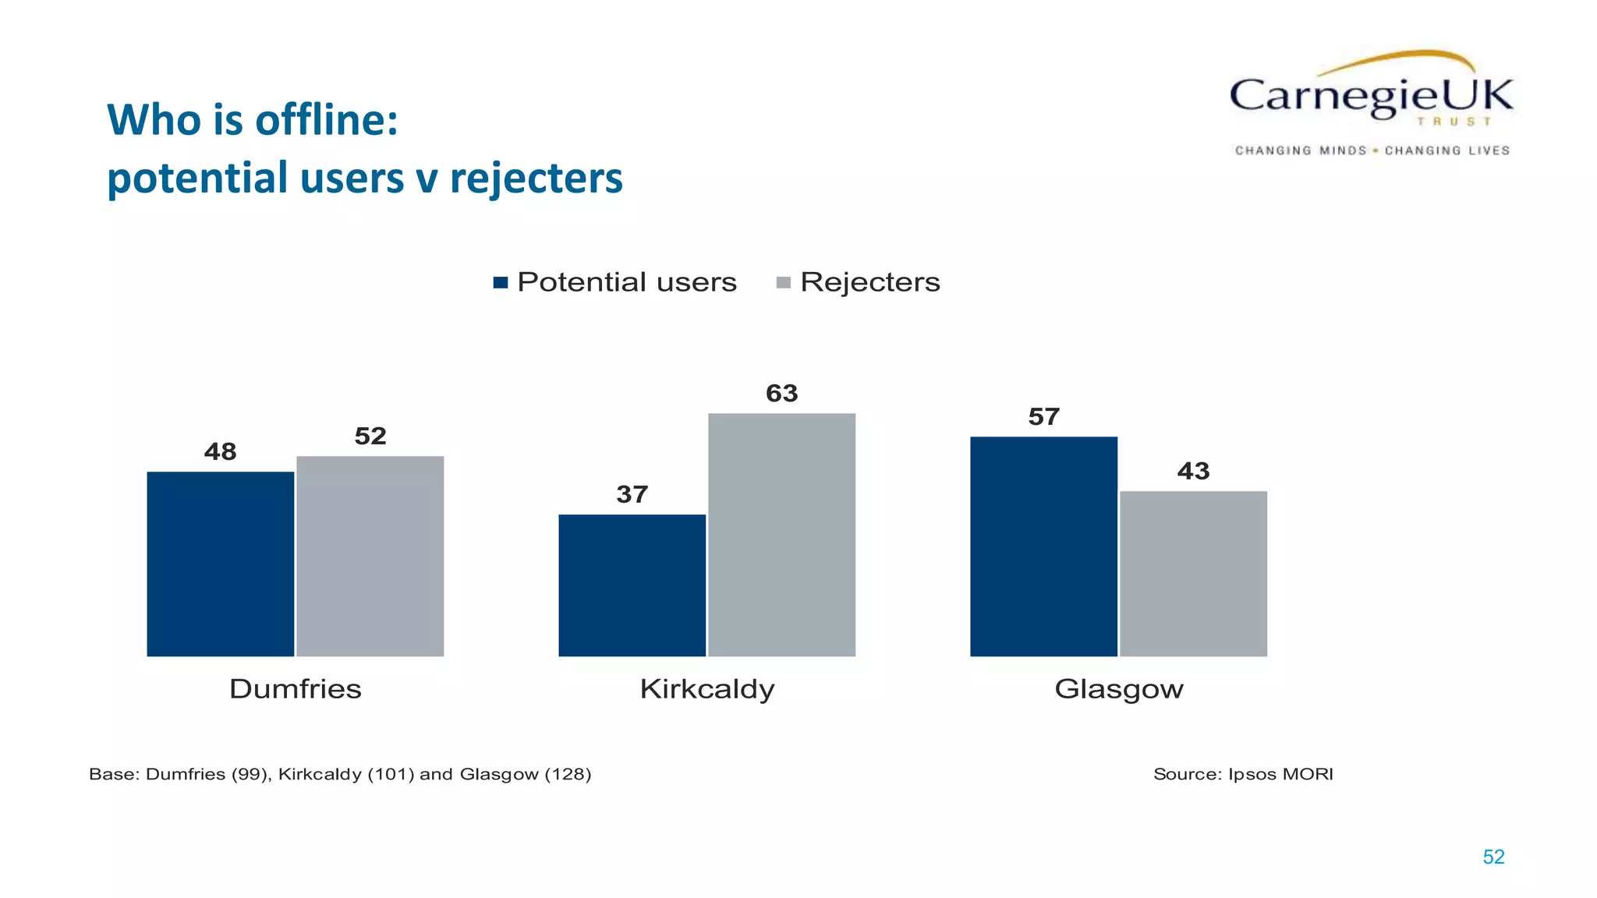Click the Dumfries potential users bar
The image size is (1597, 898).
tap(220, 564)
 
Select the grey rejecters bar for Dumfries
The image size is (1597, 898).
tap(370, 556)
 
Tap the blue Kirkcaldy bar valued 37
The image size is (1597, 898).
tap(632, 585)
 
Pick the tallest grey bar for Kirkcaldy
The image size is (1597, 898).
tap(781, 535)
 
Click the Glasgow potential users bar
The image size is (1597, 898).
tap(1043, 546)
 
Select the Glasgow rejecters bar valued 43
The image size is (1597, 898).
tap(1193, 573)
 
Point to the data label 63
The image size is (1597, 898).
tap(781, 394)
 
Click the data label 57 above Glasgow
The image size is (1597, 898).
tap(1043, 417)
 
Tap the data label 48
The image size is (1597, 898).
tap(220, 451)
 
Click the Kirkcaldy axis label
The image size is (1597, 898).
tap(707, 689)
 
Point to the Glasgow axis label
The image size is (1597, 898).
tap(1119, 689)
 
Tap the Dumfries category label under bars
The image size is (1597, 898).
tap(296, 689)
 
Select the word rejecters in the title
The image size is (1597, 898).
tap(536, 178)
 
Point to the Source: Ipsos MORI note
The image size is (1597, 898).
tap(1243, 774)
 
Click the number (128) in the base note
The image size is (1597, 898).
tap(568, 774)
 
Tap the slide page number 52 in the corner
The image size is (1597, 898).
tap(1493, 857)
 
